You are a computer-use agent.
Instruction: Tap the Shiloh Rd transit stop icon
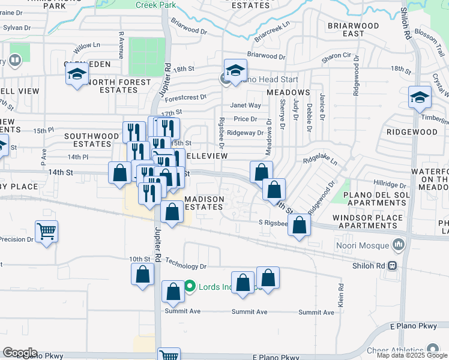(393, 266)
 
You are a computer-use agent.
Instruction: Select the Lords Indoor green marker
(190, 286)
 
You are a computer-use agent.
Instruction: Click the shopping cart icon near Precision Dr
(46, 230)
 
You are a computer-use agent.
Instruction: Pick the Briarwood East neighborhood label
(354, 29)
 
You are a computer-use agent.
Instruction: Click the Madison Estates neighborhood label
(204, 203)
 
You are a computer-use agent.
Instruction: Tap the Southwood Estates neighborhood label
(92, 140)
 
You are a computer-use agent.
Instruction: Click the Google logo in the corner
(20, 352)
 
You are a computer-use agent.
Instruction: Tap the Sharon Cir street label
(336, 55)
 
